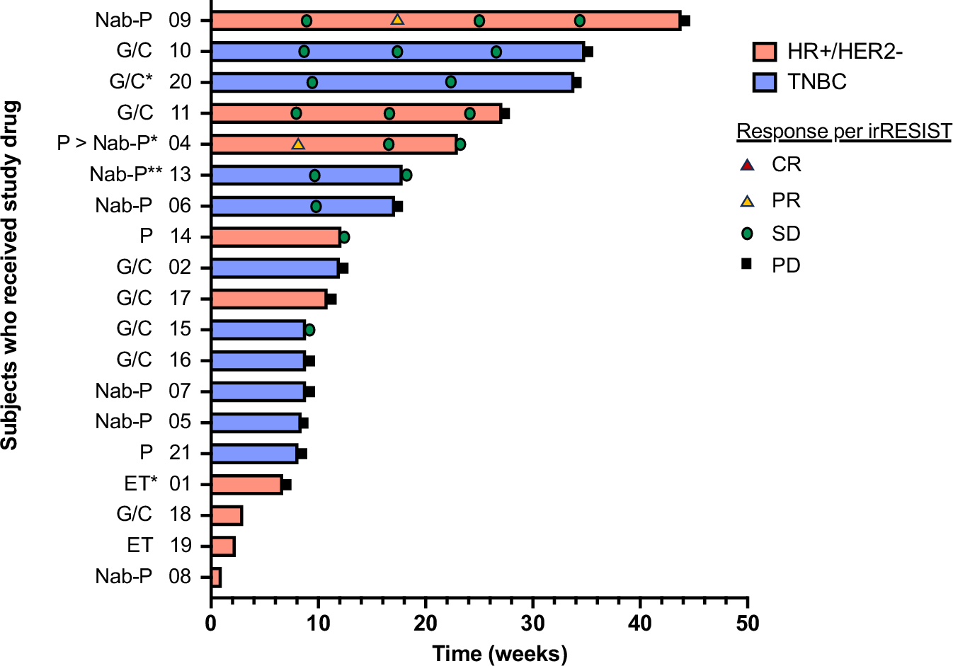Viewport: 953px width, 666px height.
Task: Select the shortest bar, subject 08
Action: click(x=216, y=578)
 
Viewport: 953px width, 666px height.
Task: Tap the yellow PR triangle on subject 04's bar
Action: click(x=298, y=144)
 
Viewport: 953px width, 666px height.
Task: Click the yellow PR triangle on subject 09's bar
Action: click(x=397, y=20)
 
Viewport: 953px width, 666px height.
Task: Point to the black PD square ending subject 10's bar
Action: click(x=588, y=52)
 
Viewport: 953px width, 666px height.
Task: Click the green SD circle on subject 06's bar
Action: click(x=316, y=206)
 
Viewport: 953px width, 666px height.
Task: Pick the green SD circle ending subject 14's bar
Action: click(x=344, y=237)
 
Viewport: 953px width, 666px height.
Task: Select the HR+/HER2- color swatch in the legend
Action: click(x=765, y=52)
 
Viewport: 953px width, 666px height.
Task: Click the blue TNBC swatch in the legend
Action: click(x=765, y=82)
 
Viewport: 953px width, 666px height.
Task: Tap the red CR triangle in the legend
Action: click(x=746, y=165)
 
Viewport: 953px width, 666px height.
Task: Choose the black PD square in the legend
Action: click(x=746, y=264)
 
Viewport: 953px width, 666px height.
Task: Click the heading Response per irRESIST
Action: click(x=844, y=132)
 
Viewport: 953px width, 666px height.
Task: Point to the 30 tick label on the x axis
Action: click(x=533, y=624)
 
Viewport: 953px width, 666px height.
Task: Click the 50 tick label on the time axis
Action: click(x=748, y=624)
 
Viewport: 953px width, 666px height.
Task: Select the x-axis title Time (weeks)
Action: click(x=500, y=653)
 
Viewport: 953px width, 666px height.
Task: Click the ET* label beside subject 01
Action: click(x=140, y=484)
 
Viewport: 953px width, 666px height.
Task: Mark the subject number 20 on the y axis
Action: click(x=180, y=82)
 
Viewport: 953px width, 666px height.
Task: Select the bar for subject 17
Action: click(x=269, y=299)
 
